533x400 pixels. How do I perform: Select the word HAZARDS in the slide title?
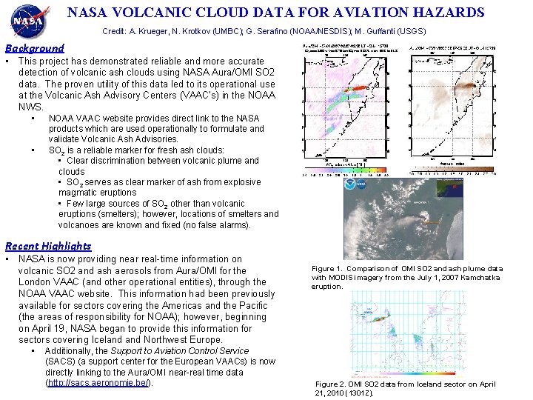click(449, 13)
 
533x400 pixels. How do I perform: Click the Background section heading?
click(35, 47)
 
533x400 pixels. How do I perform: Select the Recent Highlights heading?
click(48, 246)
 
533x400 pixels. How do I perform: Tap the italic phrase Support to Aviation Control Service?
click(180, 351)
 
